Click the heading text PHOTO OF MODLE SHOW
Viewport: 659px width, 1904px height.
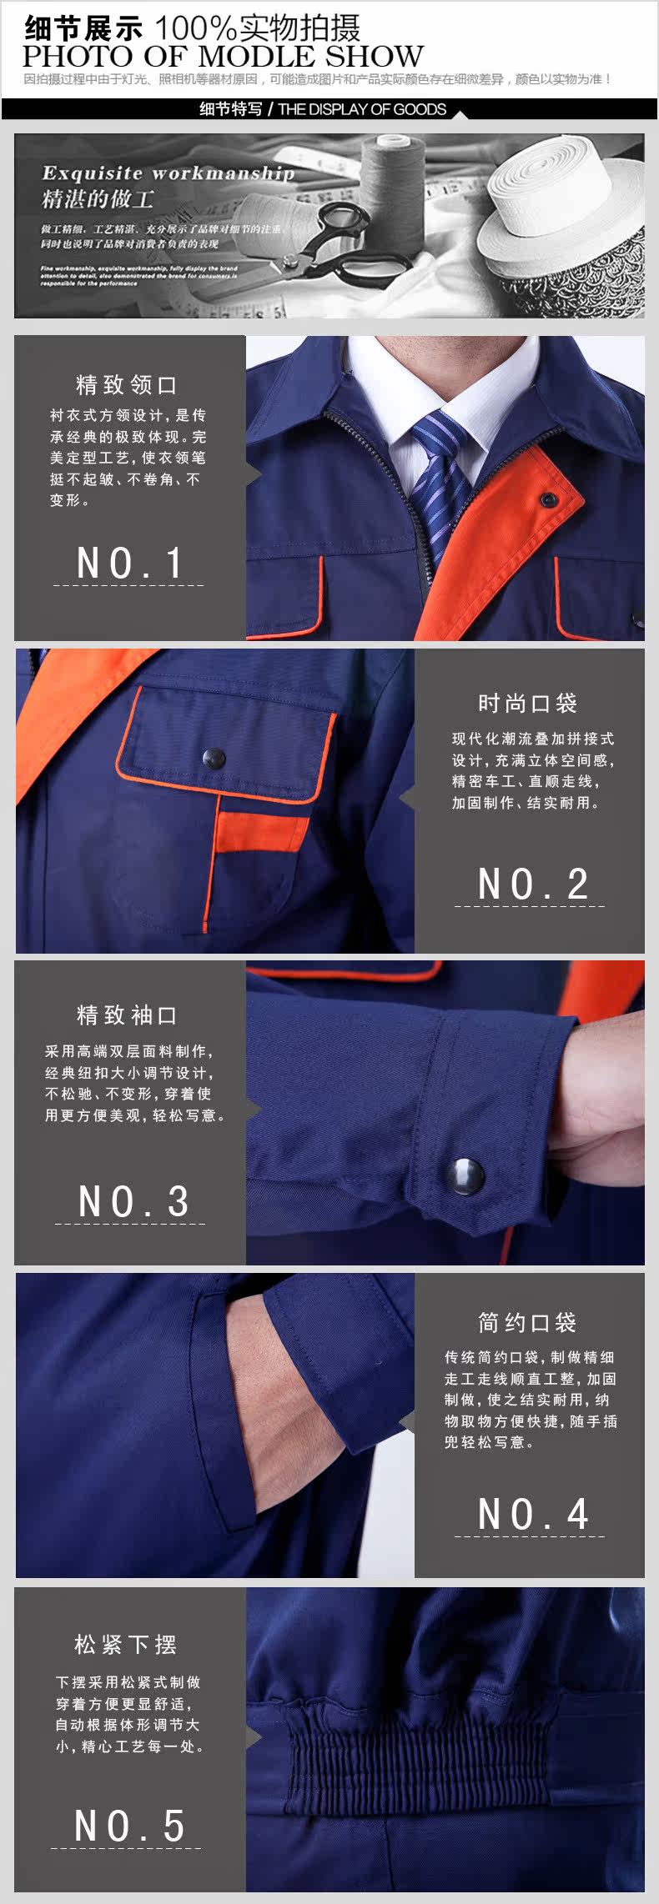tap(223, 57)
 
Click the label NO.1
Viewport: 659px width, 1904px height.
tap(129, 564)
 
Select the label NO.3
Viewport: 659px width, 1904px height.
tap(133, 1202)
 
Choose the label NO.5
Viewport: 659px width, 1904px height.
tap(129, 1826)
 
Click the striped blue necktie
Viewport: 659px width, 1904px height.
tap(442, 475)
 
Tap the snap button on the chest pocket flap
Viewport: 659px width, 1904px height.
tap(214, 757)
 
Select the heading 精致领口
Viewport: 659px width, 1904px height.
tap(127, 385)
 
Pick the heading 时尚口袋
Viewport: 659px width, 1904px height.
tap(527, 704)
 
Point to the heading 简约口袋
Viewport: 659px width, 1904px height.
tap(527, 1323)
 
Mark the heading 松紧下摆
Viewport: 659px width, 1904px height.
tap(125, 1645)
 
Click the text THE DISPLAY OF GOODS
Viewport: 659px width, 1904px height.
tap(362, 109)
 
